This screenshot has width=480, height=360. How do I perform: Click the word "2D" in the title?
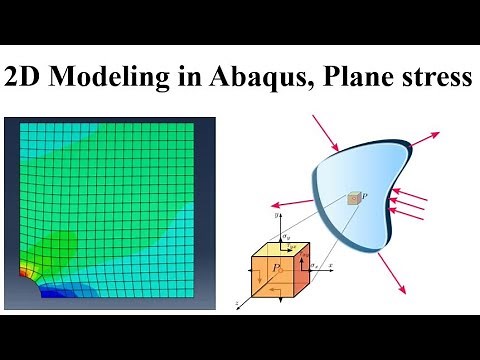[x=26, y=78]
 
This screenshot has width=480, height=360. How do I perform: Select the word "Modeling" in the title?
[x=108, y=78]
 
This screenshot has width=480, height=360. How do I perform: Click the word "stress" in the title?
[x=433, y=78]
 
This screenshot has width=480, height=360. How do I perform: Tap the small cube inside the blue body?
[x=353, y=200]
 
